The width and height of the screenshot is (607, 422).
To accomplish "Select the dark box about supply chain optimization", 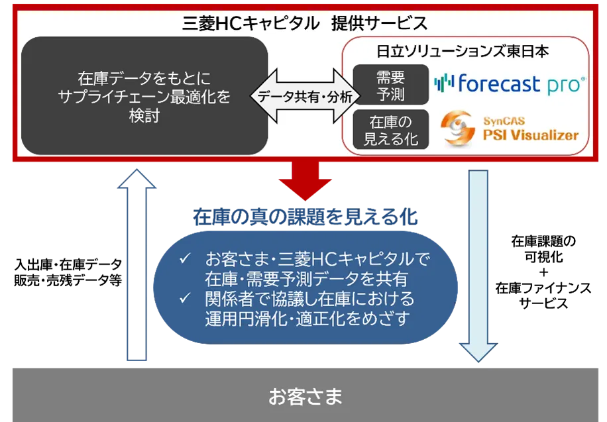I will [x=144, y=96].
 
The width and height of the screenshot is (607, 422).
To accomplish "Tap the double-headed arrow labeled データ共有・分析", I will [x=304, y=97].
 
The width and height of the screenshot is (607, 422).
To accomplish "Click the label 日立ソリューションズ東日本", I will [x=463, y=52].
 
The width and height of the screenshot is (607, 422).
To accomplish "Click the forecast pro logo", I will [x=510, y=83].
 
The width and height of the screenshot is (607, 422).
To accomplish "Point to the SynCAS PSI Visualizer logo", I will [x=510, y=128].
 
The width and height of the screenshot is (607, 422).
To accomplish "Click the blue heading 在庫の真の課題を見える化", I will [x=304, y=216].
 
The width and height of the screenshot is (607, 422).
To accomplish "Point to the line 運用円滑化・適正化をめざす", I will [x=306, y=317].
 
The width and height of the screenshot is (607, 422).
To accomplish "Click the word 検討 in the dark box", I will [x=144, y=116].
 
